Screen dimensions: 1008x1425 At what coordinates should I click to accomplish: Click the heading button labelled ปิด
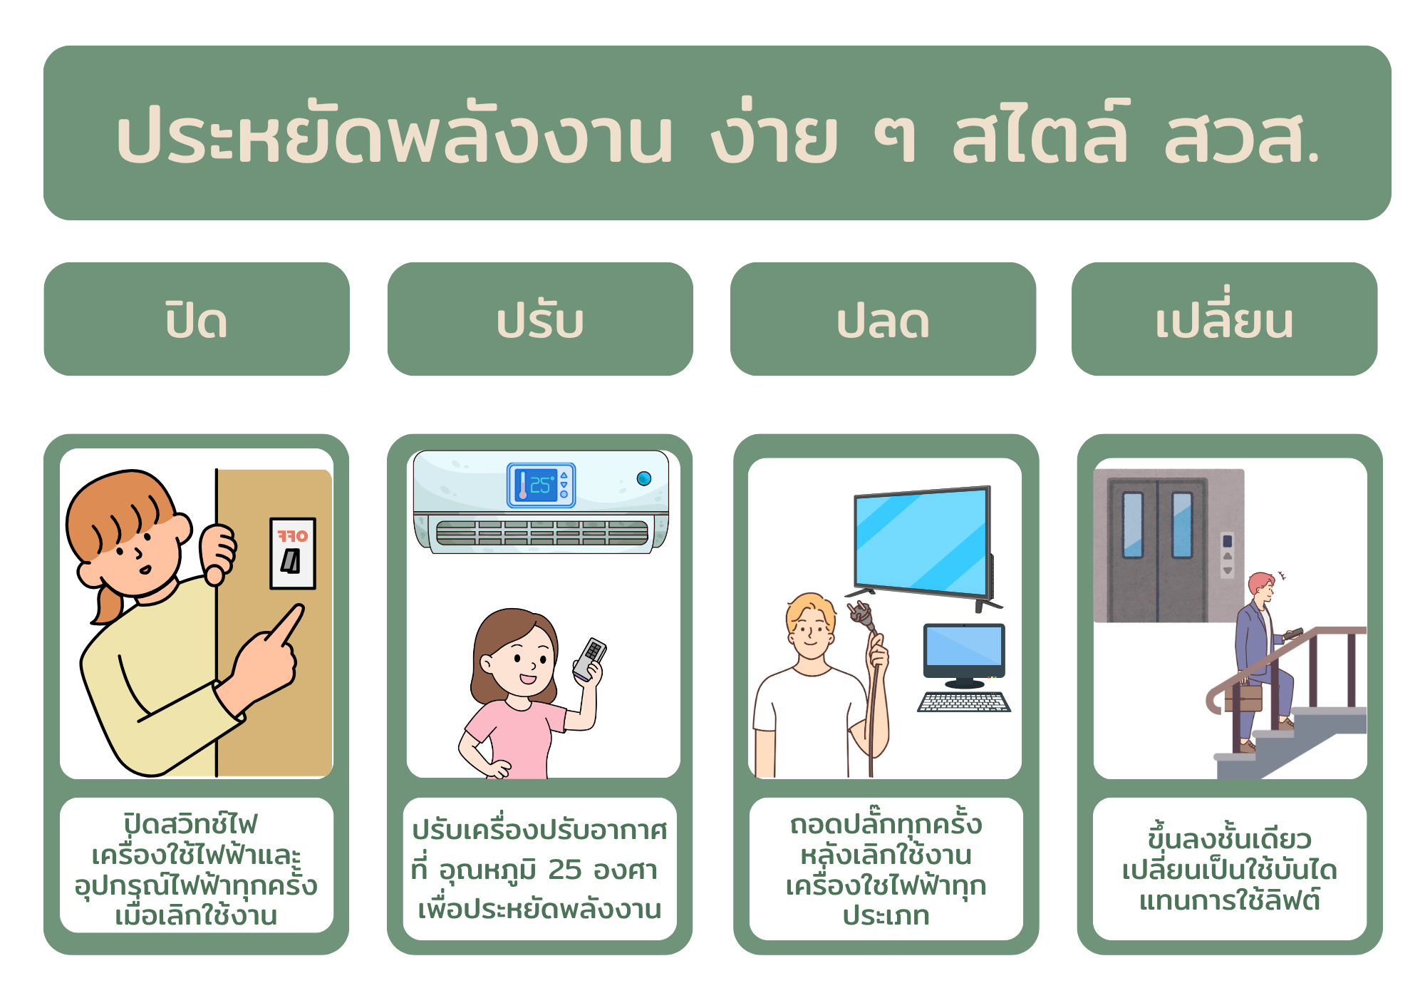pos(197,319)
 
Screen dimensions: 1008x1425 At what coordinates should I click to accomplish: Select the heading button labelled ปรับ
pos(540,319)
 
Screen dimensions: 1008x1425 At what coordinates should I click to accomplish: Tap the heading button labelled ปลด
pos(883,319)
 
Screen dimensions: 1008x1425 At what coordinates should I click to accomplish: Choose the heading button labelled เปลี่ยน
pos(1224,319)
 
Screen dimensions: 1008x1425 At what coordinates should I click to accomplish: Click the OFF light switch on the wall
pos(292,553)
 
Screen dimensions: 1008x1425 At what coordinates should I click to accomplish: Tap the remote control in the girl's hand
pos(590,659)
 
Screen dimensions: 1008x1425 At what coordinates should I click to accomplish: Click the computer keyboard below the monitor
pos(964,702)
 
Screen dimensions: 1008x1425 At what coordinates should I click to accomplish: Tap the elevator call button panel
pos(1227,555)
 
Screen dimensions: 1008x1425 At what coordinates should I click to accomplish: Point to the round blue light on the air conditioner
pos(644,478)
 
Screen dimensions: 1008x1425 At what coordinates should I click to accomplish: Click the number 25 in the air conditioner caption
pos(565,870)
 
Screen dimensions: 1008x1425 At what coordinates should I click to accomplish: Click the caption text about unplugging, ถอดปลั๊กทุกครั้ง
pos(886,825)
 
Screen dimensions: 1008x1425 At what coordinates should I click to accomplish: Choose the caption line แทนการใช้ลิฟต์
pos(1229,900)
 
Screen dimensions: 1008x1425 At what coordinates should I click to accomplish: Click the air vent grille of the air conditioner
pos(541,533)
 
